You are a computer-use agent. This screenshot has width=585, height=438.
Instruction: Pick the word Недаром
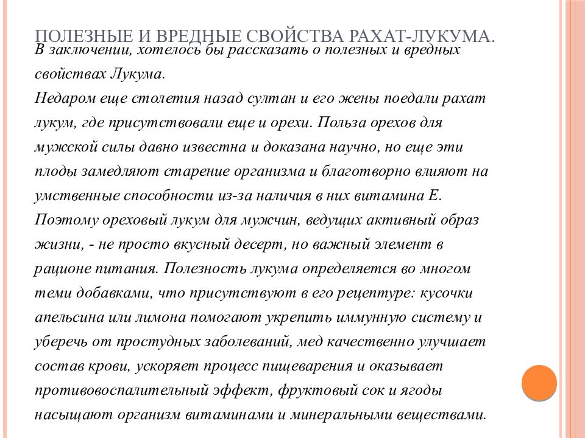pos(60,98)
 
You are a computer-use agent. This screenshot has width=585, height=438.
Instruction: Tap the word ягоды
pos(425,391)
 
